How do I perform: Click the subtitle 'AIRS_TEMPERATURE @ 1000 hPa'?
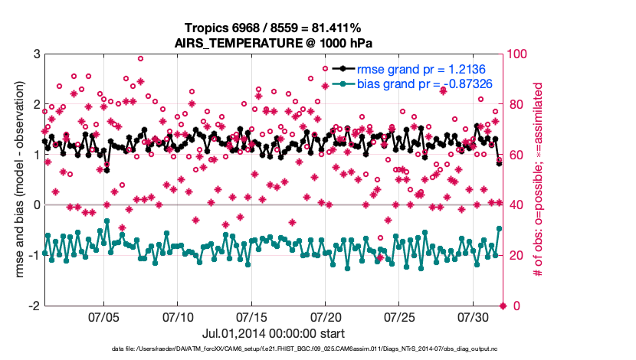(x=274, y=42)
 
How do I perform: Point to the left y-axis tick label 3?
(x=36, y=54)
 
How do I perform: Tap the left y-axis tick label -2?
(x=34, y=306)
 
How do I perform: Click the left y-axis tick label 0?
(x=36, y=205)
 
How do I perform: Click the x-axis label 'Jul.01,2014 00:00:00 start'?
(x=274, y=333)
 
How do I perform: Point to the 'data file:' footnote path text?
(x=274, y=350)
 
